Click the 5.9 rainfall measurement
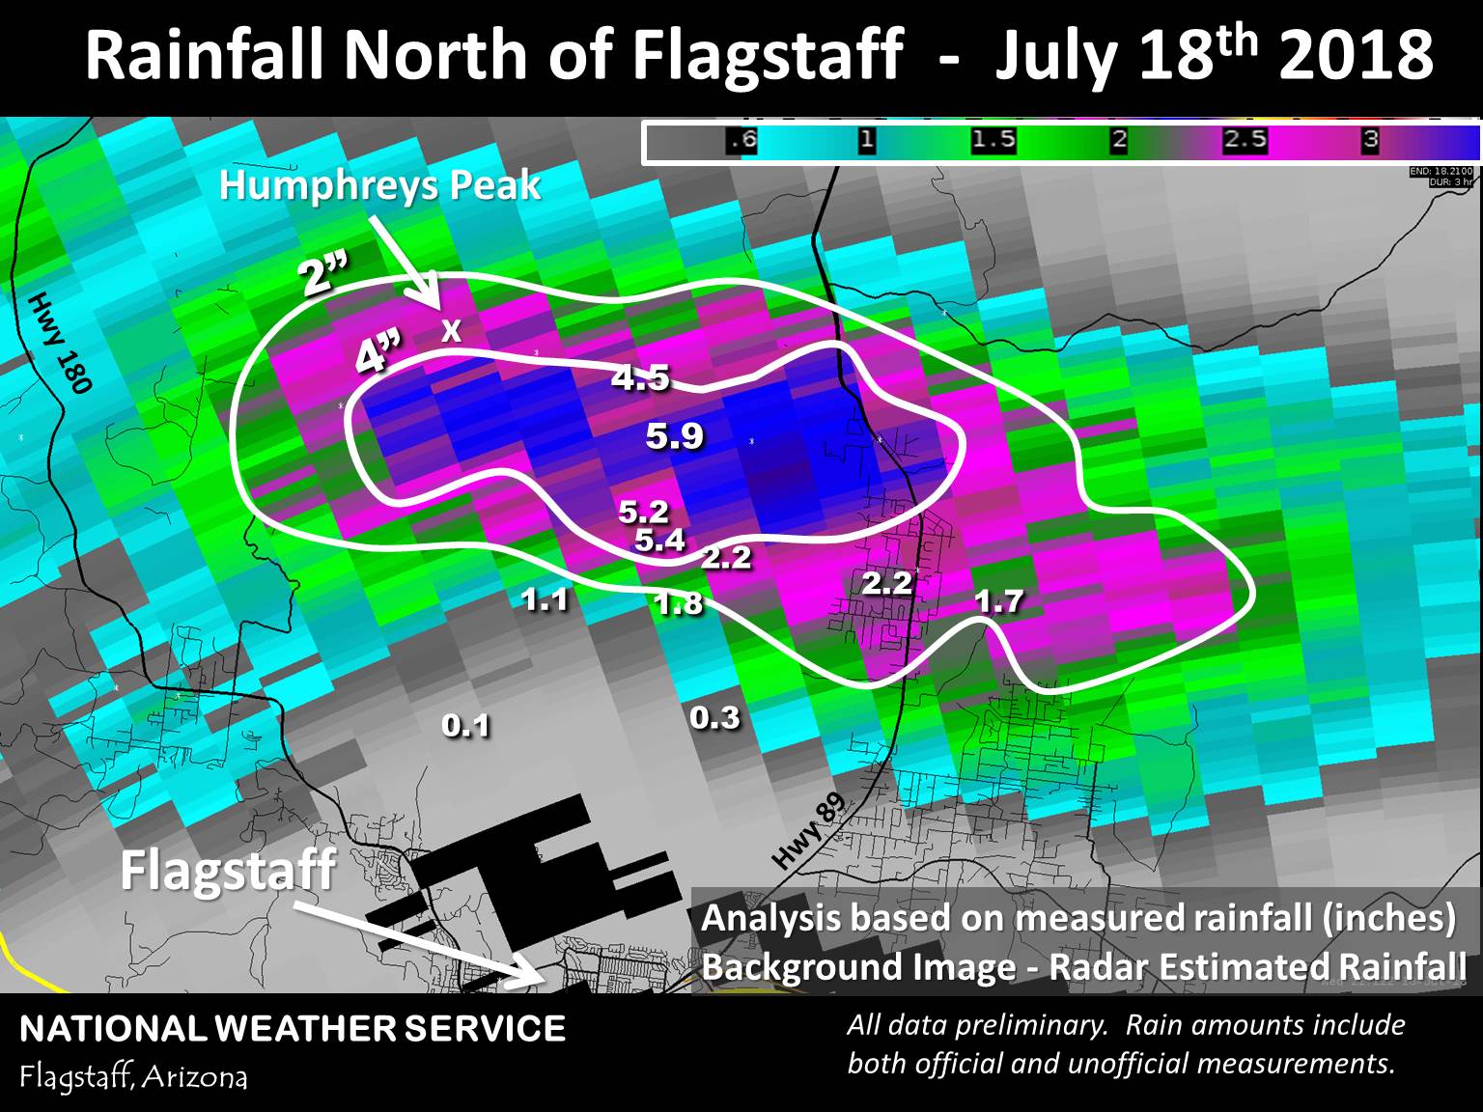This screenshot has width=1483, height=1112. (674, 437)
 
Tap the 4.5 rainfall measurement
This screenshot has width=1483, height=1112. (640, 377)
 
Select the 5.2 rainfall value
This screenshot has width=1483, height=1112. (643, 511)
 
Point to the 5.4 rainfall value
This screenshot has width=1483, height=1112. (659, 540)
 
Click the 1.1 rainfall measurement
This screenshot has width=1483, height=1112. (545, 600)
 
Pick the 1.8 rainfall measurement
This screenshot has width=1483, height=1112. (678, 604)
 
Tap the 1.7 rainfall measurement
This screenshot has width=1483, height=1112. (997, 601)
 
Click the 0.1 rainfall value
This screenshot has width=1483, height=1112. (465, 725)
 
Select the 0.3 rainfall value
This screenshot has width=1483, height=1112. (714, 717)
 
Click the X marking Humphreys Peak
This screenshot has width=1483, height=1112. (451, 332)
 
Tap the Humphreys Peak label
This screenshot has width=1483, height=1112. (379, 185)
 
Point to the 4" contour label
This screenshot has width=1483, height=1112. (378, 356)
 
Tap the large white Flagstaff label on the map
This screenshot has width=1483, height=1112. (228, 870)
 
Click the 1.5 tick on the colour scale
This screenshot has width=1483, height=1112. (993, 140)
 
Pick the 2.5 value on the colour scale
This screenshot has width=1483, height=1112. (1244, 140)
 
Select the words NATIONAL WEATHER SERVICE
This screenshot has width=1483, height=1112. (293, 1029)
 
